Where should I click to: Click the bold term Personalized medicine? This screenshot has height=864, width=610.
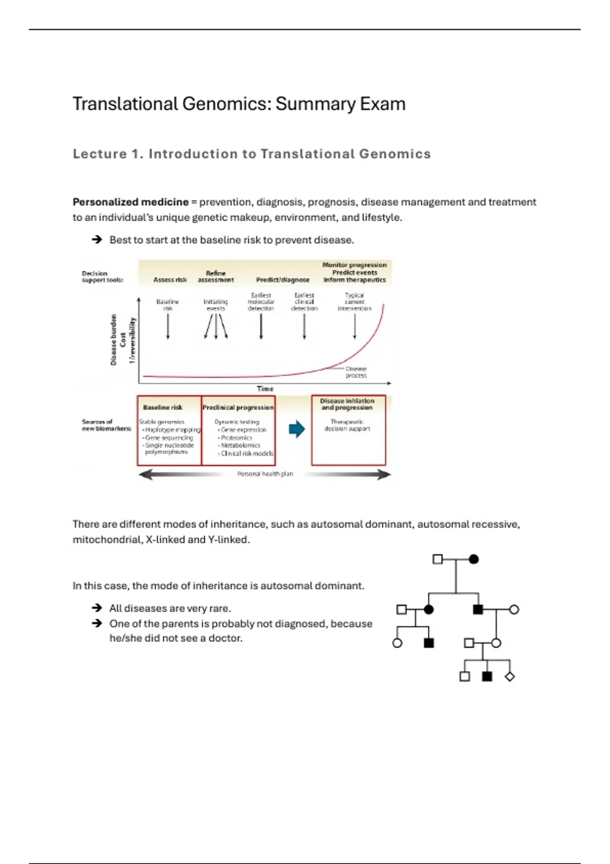point(131,202)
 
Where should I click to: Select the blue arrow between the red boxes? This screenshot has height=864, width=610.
point(296,429)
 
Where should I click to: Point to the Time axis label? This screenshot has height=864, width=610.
point(265,389)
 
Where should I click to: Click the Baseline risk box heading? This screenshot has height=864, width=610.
point(163,408)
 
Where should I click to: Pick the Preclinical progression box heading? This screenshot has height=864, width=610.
point(238,408)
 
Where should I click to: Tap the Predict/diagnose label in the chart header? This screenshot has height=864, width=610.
point(283,280)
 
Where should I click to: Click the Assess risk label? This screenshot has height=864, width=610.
point(170,280)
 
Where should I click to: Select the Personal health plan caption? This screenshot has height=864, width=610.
point(265,474)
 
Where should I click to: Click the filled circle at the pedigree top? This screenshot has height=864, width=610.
point(474,560)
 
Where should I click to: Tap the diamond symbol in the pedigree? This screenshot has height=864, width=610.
point(509,676)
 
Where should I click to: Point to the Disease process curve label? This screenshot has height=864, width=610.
point(356,372)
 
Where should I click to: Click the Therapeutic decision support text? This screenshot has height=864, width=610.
point(347,425)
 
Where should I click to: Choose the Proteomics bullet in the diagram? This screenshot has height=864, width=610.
point(236,438)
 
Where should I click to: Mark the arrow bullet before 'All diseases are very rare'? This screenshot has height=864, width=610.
point(97,608)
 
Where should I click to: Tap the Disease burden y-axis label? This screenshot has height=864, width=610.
point(113,340)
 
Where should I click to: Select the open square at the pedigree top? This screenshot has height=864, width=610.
point(437,560)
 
